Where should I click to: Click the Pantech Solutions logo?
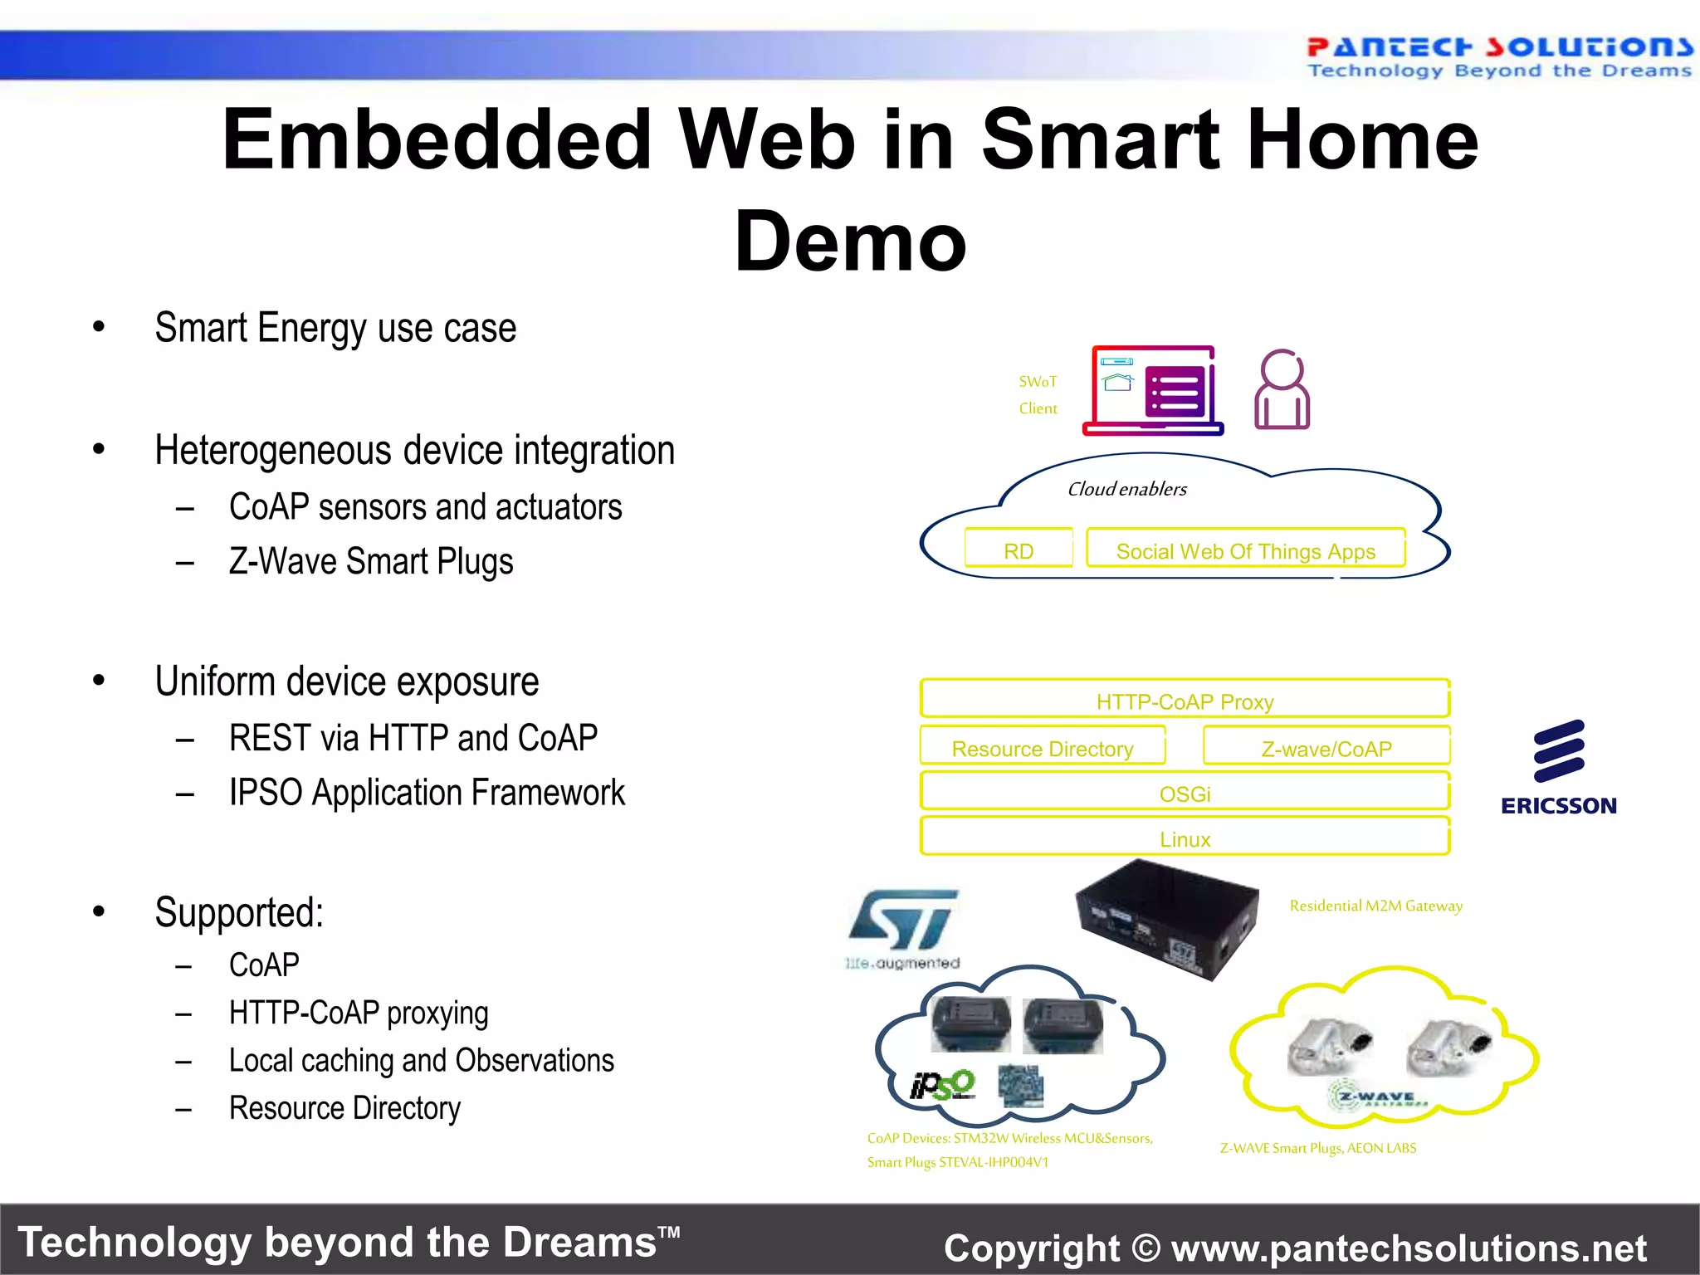pos(1498,57)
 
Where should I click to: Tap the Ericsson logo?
pos(1558,768)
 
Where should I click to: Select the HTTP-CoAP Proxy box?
pos(1185,700)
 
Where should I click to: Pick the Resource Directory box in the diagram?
pos(1042,747)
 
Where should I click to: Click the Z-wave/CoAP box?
pos(1326,747)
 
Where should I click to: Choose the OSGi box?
pos(1185,793)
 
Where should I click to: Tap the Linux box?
pos(1185,838)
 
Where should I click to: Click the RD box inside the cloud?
pos(1019,550)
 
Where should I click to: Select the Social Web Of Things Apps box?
pos(1245,550)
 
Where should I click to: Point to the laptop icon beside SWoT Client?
pos(1153,391)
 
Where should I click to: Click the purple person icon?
pos(1282,389)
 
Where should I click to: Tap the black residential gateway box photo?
pos(1166,917)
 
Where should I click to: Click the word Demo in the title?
pos(850,242)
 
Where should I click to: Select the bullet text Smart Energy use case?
pos(335,328)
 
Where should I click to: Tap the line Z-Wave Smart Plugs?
pos(371,562)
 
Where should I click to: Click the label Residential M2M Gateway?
pos(1375,906)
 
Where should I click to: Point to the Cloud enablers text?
pos(1126,489)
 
